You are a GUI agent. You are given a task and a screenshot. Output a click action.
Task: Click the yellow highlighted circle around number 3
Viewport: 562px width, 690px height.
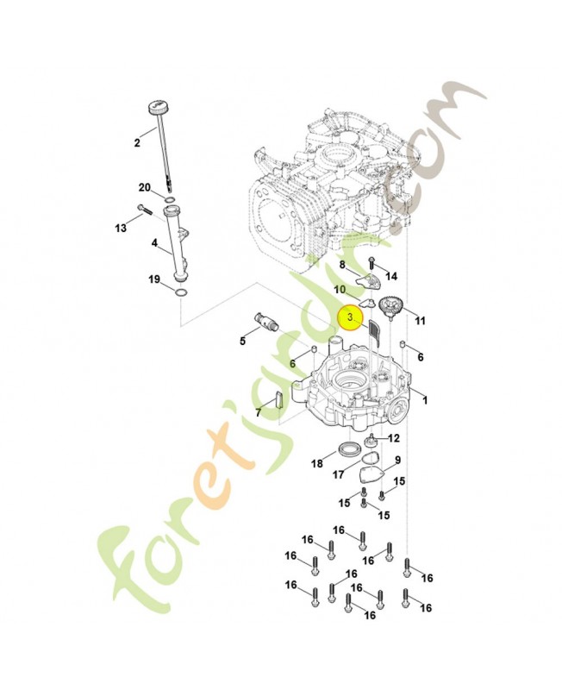[351, 318]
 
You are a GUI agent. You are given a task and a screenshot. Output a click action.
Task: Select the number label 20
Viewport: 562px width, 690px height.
[145, 187]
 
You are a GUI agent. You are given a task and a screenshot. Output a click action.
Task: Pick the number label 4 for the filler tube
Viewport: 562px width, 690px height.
[154, 244]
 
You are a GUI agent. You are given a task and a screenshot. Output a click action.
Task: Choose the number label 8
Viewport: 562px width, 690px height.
[341, 264]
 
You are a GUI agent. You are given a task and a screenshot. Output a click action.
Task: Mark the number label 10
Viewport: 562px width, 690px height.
[340, 289]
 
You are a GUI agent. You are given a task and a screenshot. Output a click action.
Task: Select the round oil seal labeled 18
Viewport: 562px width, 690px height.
[350, 448]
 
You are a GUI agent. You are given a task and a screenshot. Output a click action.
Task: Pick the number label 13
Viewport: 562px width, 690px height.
[121, 228]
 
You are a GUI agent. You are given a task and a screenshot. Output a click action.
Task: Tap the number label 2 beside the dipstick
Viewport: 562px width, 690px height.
[137, 143]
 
